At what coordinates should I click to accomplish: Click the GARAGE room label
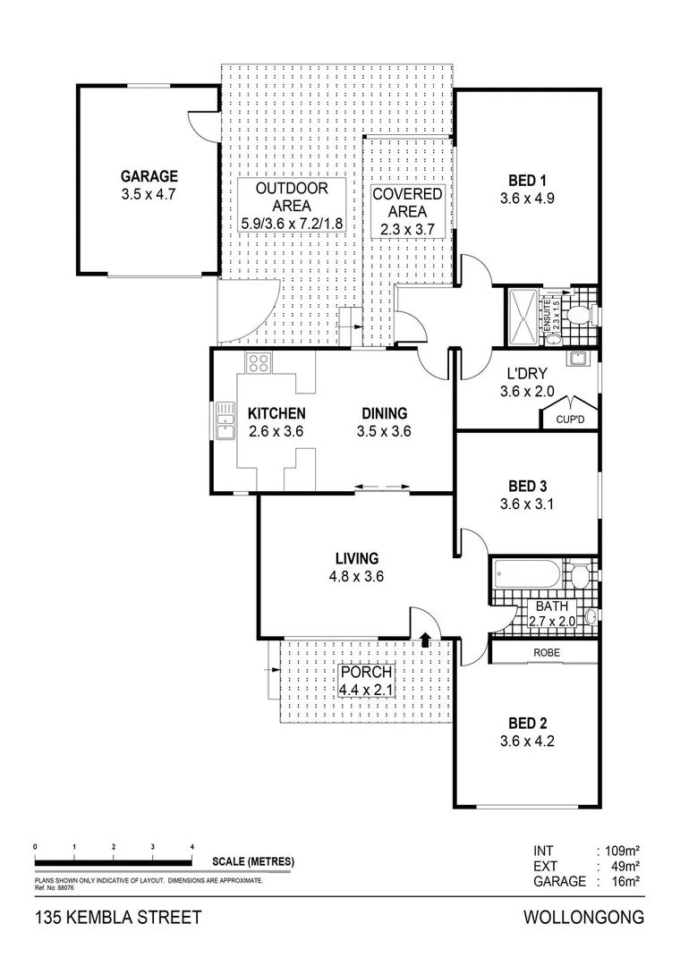point(149,176)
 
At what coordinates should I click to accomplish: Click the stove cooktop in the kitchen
point(259,362)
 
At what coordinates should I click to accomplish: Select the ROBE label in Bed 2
point(547,653)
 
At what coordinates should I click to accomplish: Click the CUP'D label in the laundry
point(570,419)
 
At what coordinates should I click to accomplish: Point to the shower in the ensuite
point(523,317)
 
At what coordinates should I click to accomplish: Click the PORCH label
point(365,673)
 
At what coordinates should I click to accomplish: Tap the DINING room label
point(384,413)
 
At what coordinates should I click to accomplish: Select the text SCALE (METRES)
point(253,862)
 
